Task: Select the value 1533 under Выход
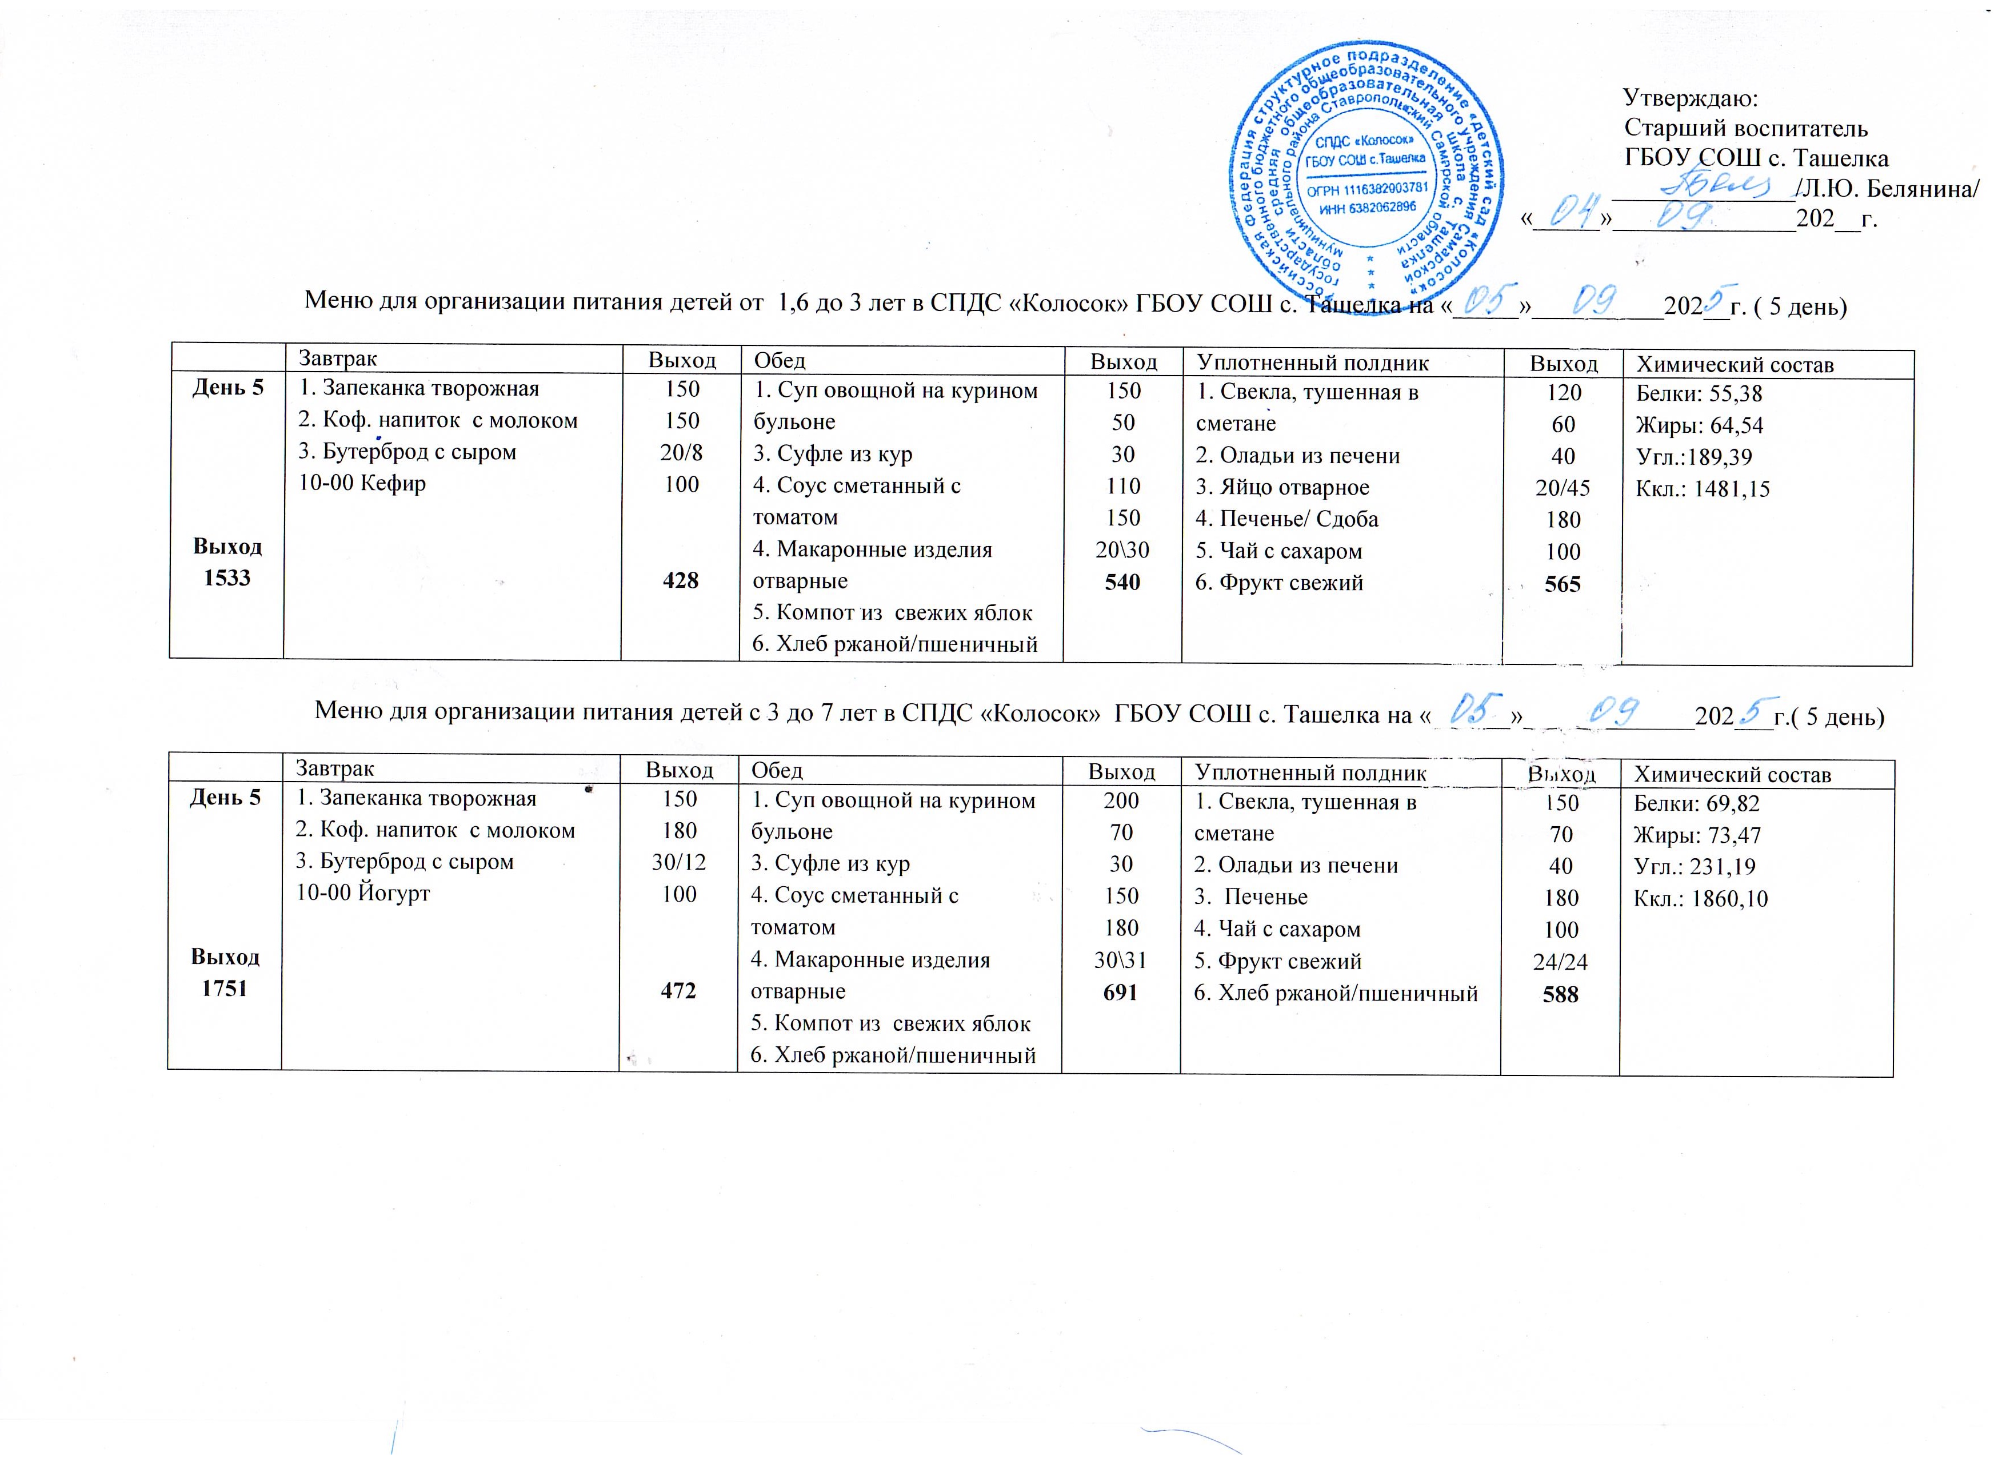(227, 577)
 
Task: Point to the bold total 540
(1122, 582)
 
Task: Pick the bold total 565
(1563, 584)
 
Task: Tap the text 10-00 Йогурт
(363, 893)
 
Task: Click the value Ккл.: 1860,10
(1700, 899)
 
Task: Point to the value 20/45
(1563, 488)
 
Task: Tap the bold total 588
(1560, 994)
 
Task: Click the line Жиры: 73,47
(1696, 835)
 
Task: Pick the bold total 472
(678, 991)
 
